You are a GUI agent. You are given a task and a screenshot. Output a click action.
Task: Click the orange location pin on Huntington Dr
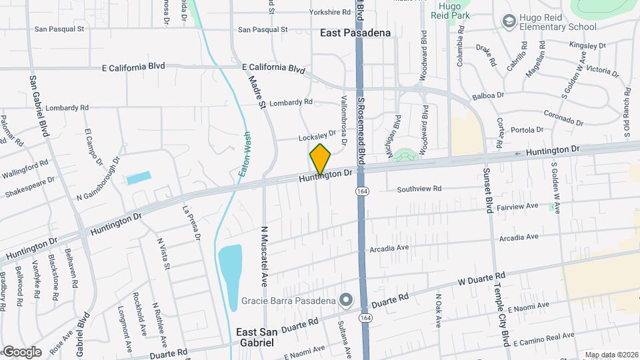[x=321, y=159]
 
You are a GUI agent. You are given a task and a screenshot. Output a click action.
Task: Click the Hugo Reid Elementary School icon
[x=509, y=22]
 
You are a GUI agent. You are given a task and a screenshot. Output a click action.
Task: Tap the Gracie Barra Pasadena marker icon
[x=345, y=300]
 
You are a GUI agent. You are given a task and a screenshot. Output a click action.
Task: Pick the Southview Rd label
[x=419, y=189]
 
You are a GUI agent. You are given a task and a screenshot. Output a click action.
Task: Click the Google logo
[x=21, y=351]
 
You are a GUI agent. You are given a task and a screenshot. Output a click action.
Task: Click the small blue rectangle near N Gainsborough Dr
[x=139, y=178]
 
